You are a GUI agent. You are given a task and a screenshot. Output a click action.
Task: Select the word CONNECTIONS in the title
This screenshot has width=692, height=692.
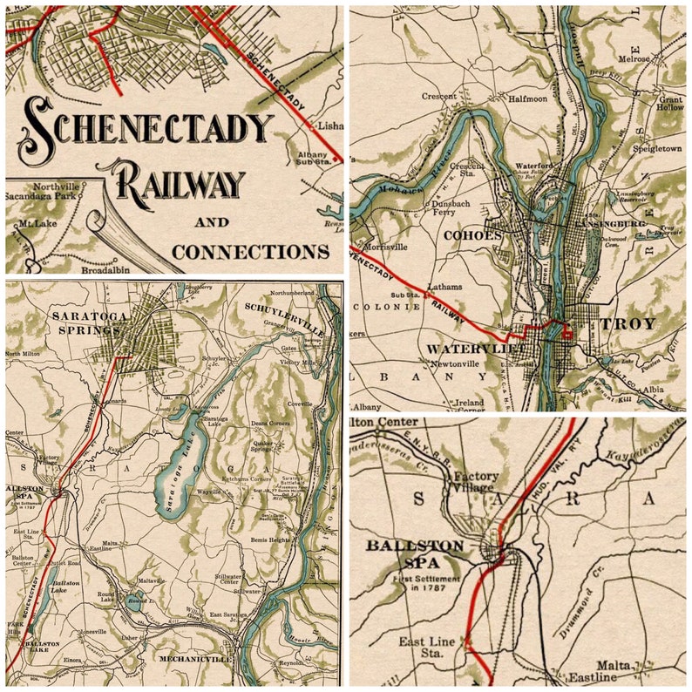pyautogui.click(x=250, y=252)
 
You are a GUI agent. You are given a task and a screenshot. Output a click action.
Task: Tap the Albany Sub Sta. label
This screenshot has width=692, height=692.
pyautogui.click(x=312, y=159)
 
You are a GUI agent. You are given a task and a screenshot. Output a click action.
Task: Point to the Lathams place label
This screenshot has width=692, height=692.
pyautogui.click(x=444, y=287)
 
